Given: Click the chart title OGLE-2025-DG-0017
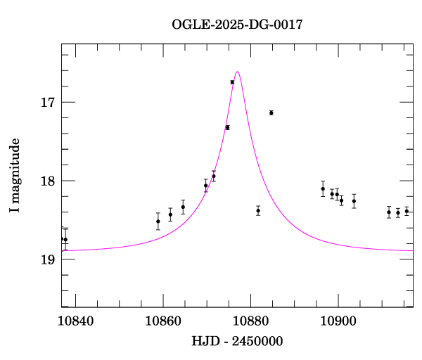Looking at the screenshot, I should [238, 25].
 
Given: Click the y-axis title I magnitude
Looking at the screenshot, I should [15, 175].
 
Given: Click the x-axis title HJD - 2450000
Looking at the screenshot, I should [238, 342].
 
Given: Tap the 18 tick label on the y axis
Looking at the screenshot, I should [47, 181].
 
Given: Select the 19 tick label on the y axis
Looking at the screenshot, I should [47, 259].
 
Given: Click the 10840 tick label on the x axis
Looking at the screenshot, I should [76, 320].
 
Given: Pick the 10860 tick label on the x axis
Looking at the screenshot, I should [163, 320].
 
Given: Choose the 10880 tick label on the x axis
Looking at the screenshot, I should [250, 320].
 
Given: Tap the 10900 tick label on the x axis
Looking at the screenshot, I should [338, 320].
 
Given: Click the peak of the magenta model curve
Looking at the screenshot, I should [238, 72].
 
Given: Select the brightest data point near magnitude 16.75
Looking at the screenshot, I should [232, 82].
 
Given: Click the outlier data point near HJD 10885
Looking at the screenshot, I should [271, 112].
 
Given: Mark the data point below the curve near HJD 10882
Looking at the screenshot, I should [258, 210].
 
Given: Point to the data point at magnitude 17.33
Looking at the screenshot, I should [227, 127].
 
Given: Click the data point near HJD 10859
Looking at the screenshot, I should [158, 221].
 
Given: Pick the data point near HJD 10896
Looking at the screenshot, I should [323, 188].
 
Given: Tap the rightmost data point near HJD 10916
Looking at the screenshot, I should [407, 211].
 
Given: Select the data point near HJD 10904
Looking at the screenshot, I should [354, 201].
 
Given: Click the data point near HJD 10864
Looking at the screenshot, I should [183, 207].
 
